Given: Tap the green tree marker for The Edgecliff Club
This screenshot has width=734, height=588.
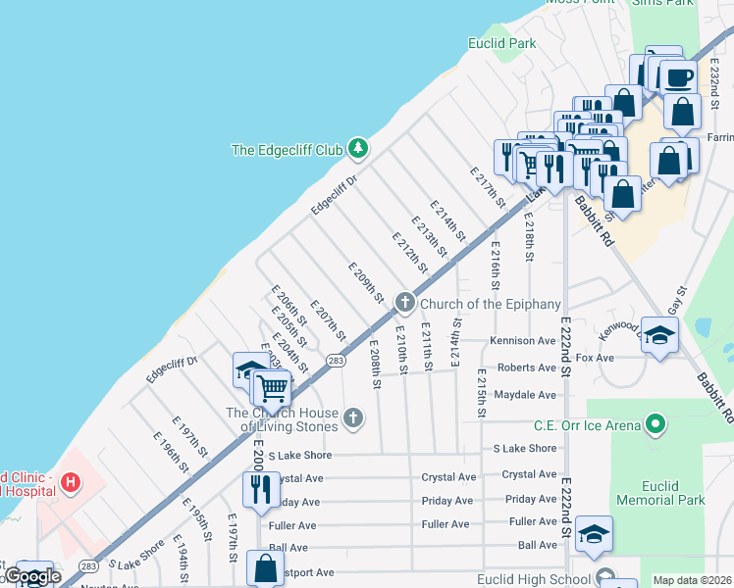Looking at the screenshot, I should click(358, 149).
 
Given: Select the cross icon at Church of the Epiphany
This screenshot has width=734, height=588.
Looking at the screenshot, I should click(403, 303).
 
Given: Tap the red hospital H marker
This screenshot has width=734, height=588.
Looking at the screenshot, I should click(70, 482).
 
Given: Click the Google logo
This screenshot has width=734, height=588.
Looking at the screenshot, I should click(32, 577).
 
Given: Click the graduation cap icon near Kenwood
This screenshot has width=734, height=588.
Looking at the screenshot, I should click(660, 334).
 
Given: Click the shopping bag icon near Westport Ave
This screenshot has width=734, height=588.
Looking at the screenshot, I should click(266, 566).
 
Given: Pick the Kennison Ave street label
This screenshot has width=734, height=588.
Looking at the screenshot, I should click(523, 341).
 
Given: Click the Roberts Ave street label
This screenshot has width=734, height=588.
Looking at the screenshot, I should click(526, 367).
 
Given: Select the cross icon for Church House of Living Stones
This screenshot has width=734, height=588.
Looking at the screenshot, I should click(354, 419).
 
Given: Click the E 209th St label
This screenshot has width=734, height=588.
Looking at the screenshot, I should click(364, 282).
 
